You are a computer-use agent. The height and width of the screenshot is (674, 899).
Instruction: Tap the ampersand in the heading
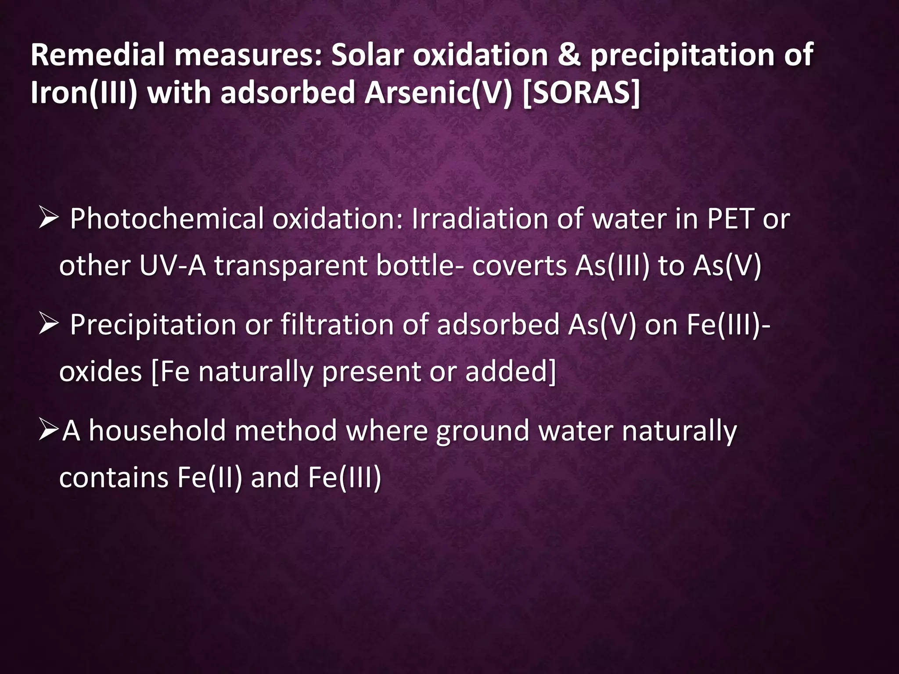pyautogui.click(x=569, y=55)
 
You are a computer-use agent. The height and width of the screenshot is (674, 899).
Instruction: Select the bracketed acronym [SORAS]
pyautogui.click(x=581, y=93)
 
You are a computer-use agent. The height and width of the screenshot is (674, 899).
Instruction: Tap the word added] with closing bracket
pyautogui.click(x=511, y=372)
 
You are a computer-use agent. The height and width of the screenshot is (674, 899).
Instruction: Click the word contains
pyautogui.click(x=114, y=478)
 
